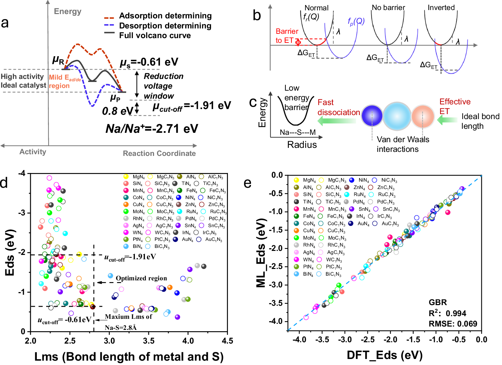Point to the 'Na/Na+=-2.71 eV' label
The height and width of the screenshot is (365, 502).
(x=152, y=128)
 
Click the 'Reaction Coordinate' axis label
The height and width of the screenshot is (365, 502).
(x=159, y=154)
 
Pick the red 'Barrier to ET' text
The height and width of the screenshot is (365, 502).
(x=287, y=36)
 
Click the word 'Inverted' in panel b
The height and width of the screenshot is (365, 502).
(x=441, y=8)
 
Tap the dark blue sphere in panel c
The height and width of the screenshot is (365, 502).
(x=372, y=116)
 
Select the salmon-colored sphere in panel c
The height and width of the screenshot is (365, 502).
(x=423, y=116)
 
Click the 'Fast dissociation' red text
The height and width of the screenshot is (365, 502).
(x=338, y=107)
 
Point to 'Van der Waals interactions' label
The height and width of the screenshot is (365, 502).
(x=403, y=144)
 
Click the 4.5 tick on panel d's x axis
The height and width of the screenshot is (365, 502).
(x=227, y=341)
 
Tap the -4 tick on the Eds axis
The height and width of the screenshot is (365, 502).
(x=21, y=173)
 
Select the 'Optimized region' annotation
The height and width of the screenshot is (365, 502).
(x=141, y=278)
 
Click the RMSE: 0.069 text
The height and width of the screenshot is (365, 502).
(x=453, y=324)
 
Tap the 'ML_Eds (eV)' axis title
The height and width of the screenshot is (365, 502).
(x=261, y=253)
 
